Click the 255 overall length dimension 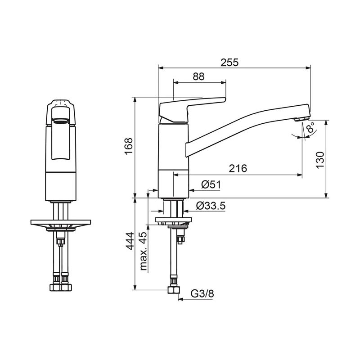click(x=229, y=63)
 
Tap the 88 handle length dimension click(x=198, y=76)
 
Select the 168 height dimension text click(x=129, y=146)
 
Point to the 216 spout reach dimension click(x=238, y=168)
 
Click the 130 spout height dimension click(x=320, y=160)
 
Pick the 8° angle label click(x=311, y=128)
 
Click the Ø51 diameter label click(x=211, y=185)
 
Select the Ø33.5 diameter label click(x=211, y=206)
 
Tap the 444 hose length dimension click(x=130, y=241)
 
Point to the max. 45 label click(x=143, y=251)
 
